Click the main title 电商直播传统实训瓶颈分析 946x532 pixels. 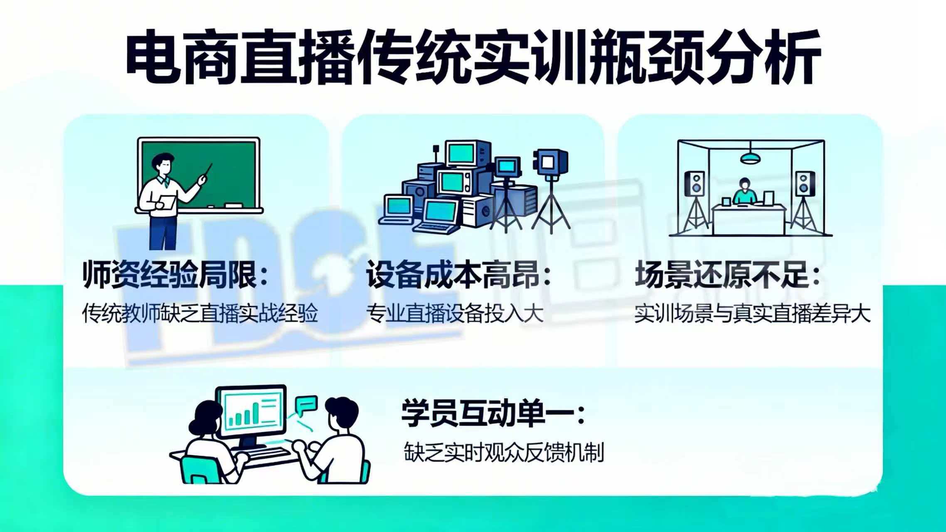[473, 57]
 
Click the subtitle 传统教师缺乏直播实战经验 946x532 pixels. [200, 313]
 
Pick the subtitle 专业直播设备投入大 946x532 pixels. [455, 313]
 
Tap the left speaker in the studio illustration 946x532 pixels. [694, 183]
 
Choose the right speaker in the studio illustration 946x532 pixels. [805, 183]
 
